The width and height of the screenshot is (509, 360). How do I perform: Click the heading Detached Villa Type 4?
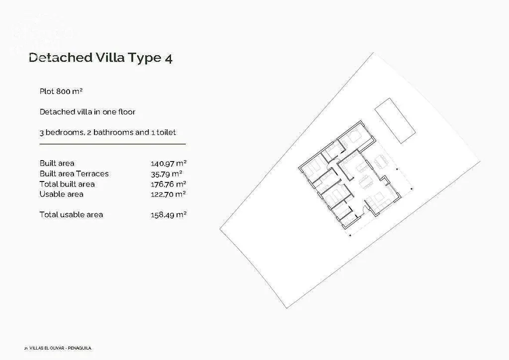tap(100, 58)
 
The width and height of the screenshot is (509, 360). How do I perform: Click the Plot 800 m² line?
tap(61, 91)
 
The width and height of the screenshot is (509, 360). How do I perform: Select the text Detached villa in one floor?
tap(87, 112)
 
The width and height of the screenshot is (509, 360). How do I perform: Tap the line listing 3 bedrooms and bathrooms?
tap(108, 132)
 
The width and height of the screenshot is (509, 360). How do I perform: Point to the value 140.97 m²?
tap(169, 163)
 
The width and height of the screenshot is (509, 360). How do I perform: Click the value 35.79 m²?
tap(167, 174)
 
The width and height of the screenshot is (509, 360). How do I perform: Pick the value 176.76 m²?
tap(169, 184)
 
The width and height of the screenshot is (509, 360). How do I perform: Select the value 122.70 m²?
tap(168, 194)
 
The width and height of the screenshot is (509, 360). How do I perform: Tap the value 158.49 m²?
tap(169, 215)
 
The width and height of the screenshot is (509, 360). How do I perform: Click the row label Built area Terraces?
tap(74, 174)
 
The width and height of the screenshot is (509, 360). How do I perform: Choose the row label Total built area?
tap(67, 184)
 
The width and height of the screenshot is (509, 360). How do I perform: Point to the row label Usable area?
tap(61, 194)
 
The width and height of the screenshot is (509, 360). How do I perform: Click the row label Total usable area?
tap(71, 215)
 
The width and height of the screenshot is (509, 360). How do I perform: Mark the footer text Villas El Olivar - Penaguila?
tap(60, 348)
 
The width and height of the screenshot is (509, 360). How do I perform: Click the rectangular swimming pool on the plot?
tap(395, 120)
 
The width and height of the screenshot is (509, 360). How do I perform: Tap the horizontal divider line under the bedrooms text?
tap(113, 144)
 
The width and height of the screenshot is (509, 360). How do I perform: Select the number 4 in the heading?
tap(169, 59)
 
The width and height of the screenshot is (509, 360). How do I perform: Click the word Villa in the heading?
tap(110, 58)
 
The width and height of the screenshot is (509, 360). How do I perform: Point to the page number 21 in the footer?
tap(26, 348)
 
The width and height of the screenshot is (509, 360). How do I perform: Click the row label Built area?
tap(57, 163)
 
